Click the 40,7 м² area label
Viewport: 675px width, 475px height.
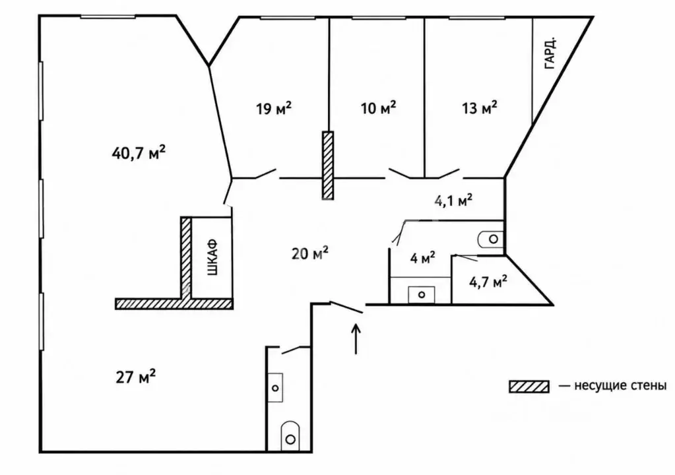(x=138, y=153)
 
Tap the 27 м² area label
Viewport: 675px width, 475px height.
(x=136, y=377)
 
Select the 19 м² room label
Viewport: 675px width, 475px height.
(x=274, y=108)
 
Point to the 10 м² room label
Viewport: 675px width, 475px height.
(x=378, y=108)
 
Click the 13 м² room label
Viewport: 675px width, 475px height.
(x=480, y=108)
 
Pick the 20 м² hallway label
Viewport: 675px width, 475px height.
(x=310, y=253)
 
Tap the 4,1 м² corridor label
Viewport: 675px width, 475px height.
(x=453, y=201)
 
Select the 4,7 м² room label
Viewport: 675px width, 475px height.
(x=488, y=282)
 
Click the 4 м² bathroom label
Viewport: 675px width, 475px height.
(x=422, y=258)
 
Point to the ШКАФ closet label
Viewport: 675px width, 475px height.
(x=213, y=257)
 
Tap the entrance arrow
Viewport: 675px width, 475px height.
(x=356, y=339)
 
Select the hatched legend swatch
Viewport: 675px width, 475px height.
(x=529, y=387)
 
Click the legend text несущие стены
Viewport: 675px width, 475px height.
(x=620, y=385)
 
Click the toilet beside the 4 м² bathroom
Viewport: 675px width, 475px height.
(x=490, y=239)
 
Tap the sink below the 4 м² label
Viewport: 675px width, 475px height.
(x=422, y=295)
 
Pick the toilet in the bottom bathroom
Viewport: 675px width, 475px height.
(x=290, y=436)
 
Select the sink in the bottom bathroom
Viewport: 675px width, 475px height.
(x=275, y=388)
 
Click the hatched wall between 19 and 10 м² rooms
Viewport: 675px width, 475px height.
(x=328, y=165)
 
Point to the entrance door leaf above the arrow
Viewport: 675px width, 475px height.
(x=346, y=307)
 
